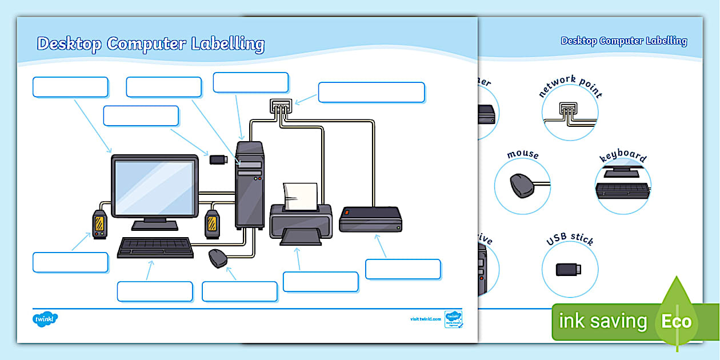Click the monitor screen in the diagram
click(154, 186)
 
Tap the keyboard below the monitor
click(155, 247)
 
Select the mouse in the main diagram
click(218, 258)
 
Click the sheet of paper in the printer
click(301, 195)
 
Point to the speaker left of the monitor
click(99, 223)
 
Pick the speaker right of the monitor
click(212, 223)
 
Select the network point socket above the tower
click(281, 106)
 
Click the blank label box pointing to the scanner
click(403, 269)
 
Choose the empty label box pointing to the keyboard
click(155, 291)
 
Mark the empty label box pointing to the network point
click(371, 93)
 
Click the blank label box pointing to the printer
click(321, 282)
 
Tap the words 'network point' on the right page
click(570, 86)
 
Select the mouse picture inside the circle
click(521, 185)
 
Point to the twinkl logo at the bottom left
click(46, 319)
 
